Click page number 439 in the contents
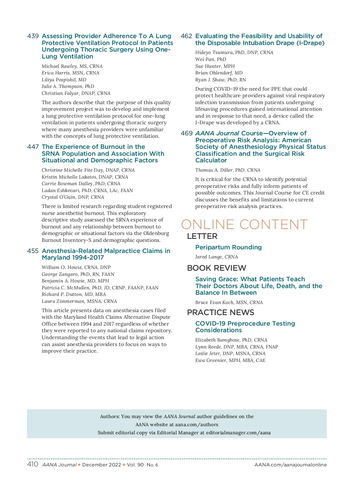33,36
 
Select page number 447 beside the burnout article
33,147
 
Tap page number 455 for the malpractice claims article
33,251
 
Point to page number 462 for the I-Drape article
186,36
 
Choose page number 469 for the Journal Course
186,134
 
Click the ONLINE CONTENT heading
244,225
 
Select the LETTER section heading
202,236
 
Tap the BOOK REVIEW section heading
216,268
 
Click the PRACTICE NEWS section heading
220,313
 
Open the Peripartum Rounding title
228,248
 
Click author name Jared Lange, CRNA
216,257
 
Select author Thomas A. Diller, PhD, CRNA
228,170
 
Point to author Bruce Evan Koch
229,303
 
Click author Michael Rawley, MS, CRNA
72,66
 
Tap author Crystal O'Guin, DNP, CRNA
73,197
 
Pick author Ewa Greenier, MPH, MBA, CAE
230,360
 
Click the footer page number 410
33,464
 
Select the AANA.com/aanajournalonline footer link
290,465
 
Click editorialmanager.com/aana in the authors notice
238,433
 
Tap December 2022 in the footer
101,465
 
